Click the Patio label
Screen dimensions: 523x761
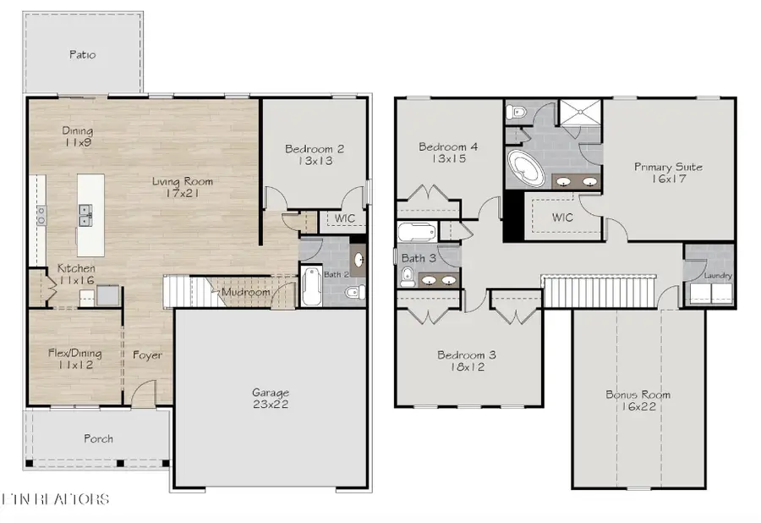pos(82,55)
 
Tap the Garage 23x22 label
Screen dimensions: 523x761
pos(271,399)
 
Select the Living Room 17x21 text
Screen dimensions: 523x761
pos(183,187)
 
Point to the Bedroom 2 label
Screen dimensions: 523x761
pos(315,154)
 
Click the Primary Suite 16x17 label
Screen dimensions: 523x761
pos(668,173)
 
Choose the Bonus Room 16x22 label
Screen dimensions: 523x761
pos(638,400)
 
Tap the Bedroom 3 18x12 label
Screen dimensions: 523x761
pos(466,361)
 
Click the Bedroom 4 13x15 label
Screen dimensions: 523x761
pos(448,152)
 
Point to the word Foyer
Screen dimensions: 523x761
pos(147,355)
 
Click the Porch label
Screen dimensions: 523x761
pos(98,438)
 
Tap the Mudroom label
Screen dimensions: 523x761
pos(245,293)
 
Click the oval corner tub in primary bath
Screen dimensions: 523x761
pos(527,168)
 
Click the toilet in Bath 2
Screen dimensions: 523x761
pos(355,291)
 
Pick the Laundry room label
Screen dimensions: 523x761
pos(717,276)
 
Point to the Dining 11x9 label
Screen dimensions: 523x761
pos(77,137)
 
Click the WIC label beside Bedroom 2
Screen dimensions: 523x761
pos(344,219)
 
